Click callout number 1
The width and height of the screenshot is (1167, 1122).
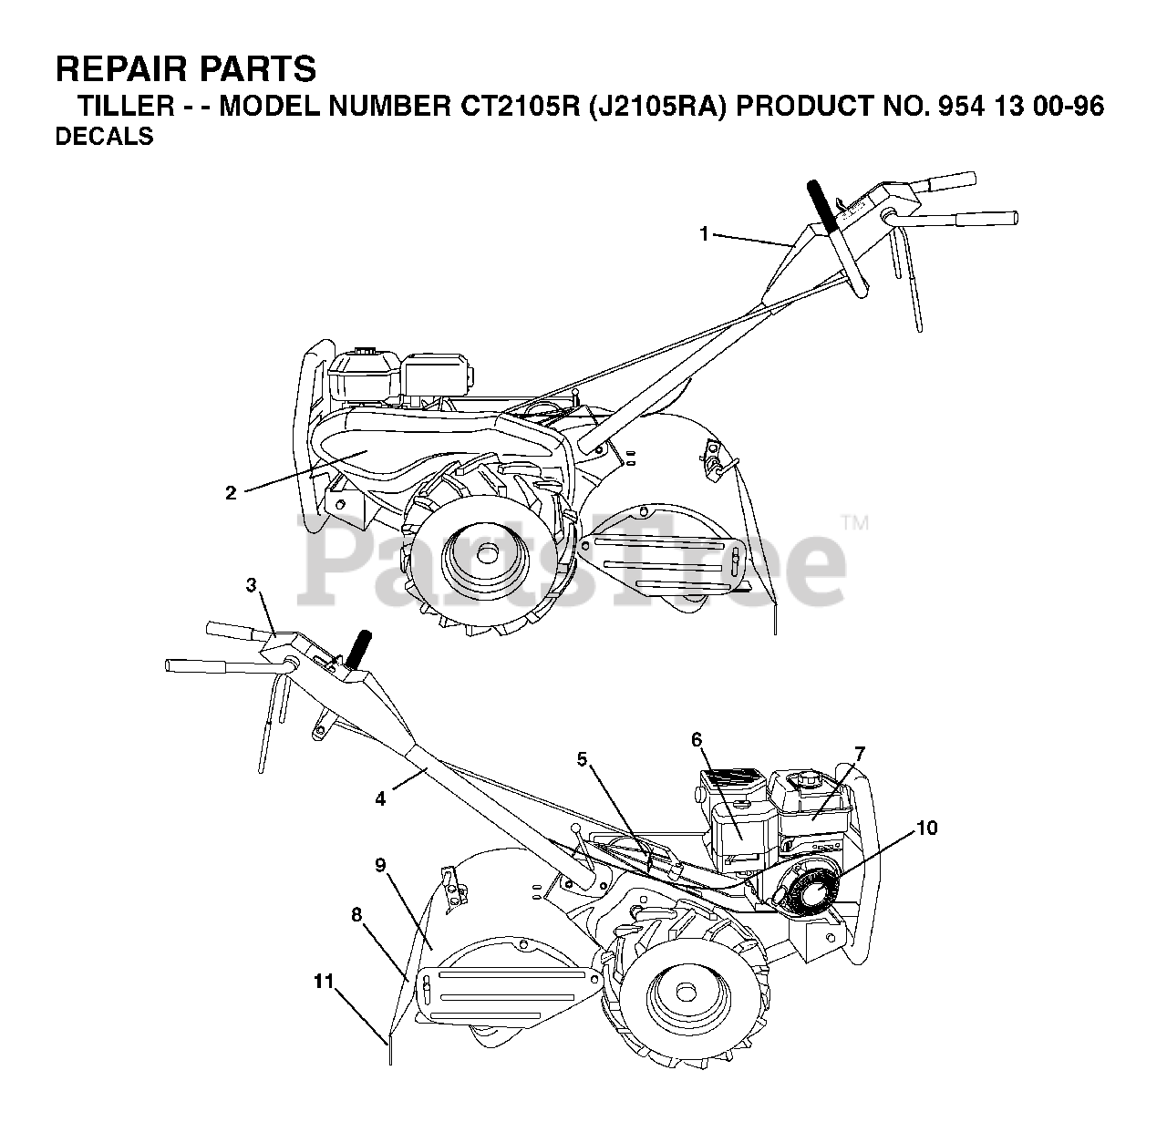(704, 234)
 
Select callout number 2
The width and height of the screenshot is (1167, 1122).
(231, 492)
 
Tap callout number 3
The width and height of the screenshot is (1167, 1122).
(252, 586)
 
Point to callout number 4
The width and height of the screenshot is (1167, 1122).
(380, 798)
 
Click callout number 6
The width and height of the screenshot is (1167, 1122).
(697, 740)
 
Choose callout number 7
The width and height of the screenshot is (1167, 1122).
(859, 753)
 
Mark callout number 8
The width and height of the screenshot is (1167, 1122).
(356, 915)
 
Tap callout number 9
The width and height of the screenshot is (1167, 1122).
(381, 865)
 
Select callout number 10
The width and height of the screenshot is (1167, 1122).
(926, 828)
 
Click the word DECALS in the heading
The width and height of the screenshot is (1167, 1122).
(104, 138)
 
